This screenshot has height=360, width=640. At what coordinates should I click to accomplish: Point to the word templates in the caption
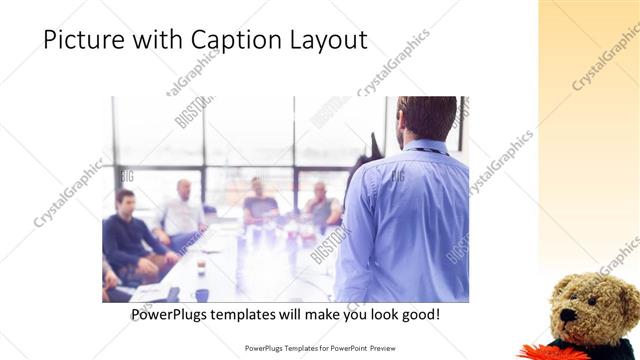(257, 315)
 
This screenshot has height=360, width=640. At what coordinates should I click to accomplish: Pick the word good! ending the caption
(418, 315)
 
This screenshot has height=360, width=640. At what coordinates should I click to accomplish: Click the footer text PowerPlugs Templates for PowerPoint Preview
(319, 348)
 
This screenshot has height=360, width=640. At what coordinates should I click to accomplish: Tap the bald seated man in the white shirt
(182, 212)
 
